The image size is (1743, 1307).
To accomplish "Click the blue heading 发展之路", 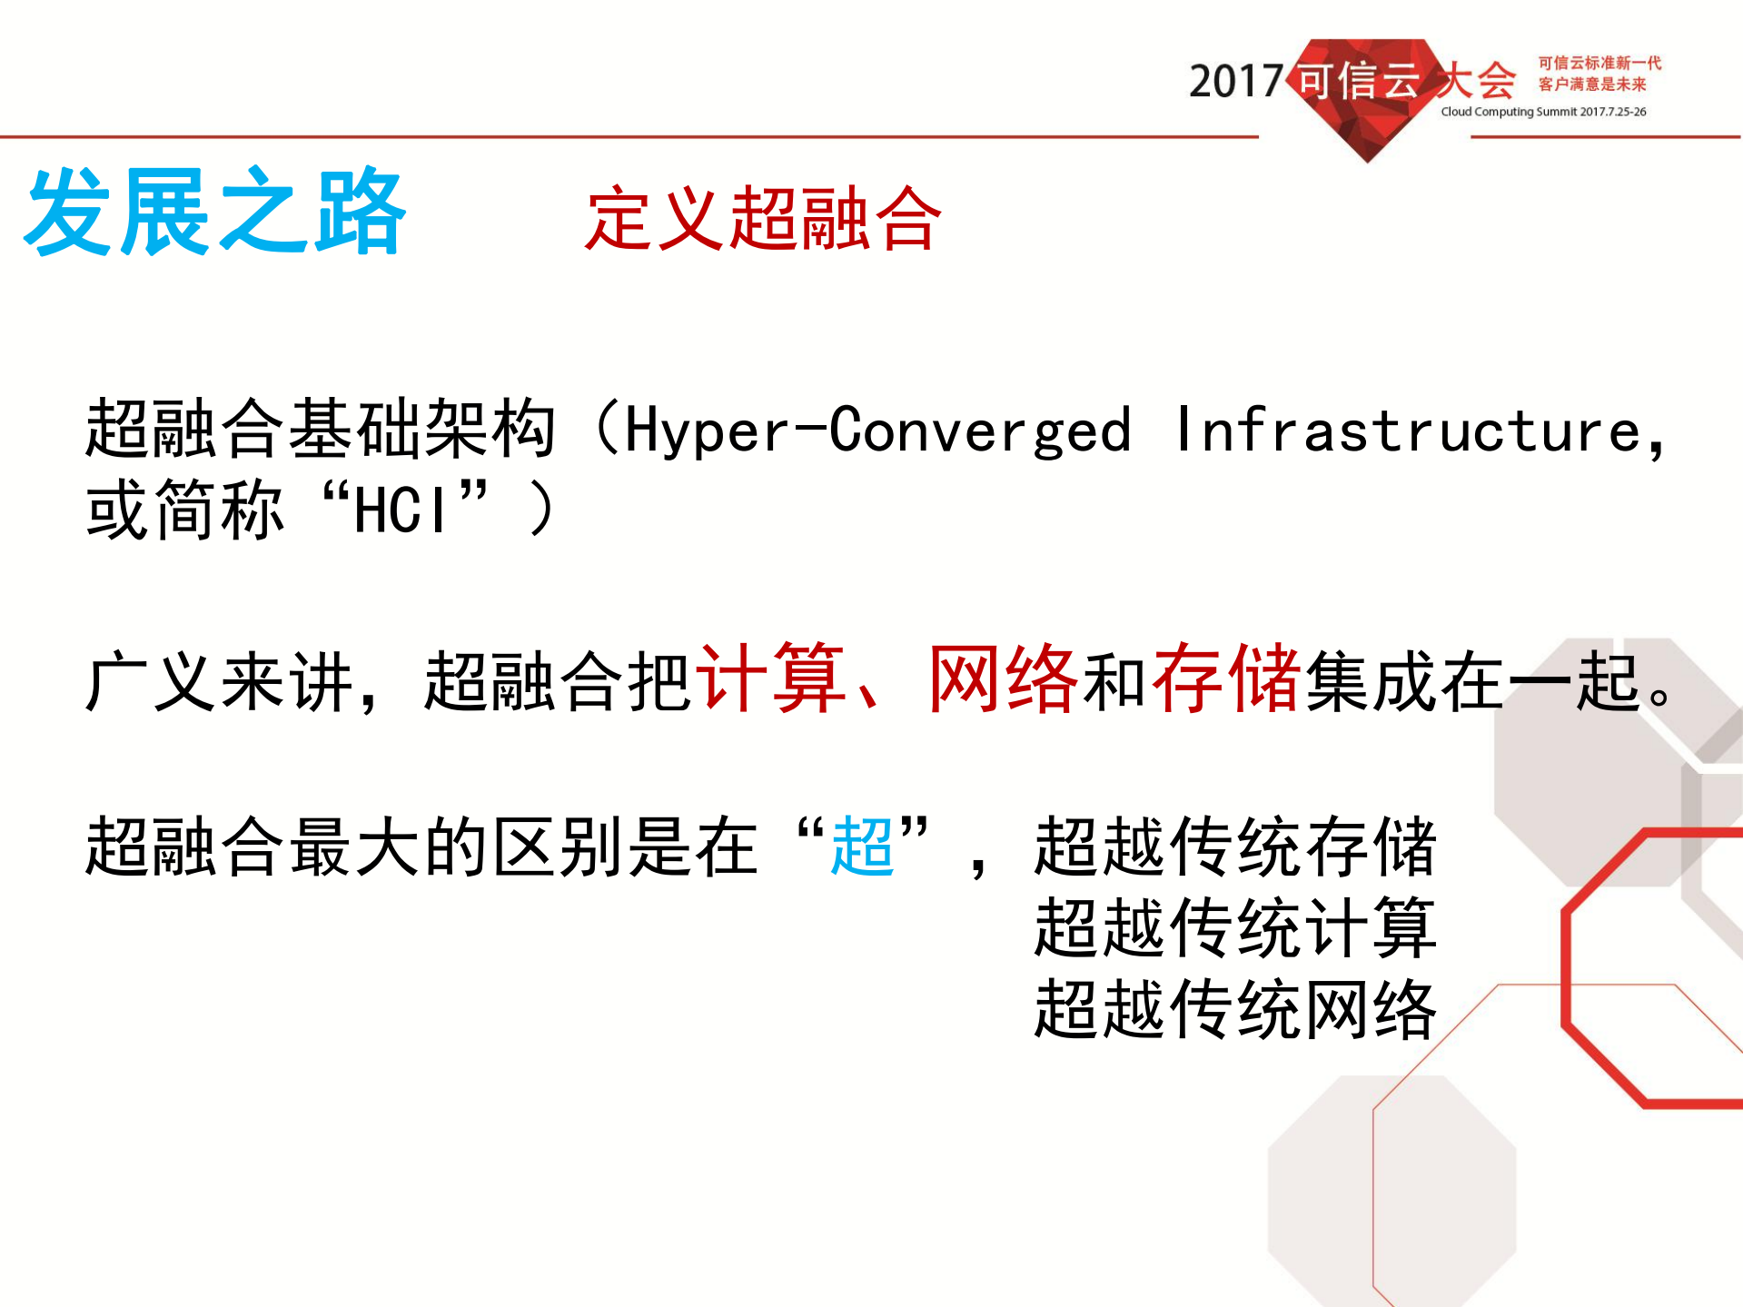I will point(214,212).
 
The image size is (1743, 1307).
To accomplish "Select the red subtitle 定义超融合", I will point(763,218).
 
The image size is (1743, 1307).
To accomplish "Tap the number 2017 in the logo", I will point(1235,82).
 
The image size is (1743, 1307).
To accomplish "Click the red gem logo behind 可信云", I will point(1367,127).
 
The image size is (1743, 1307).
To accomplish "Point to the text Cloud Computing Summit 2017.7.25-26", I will point(1543,112).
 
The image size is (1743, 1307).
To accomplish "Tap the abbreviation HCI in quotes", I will point(401,510).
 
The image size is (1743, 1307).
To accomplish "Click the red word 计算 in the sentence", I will point(770,679).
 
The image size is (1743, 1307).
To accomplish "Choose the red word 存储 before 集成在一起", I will point(1226,679).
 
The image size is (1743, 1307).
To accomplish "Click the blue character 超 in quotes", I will point(862,847).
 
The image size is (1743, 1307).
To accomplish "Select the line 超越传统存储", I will point(1235,847).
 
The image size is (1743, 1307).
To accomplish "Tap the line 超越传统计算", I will point(1235,927).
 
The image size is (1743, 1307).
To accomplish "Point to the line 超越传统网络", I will point(1235,1009).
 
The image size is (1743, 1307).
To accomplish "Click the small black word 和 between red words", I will point(1114,681).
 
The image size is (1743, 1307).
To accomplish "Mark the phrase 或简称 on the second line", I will point(184,510).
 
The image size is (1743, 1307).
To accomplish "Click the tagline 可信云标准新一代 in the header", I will point(1599,63).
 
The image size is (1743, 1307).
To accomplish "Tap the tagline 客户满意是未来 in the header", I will point(1591,84).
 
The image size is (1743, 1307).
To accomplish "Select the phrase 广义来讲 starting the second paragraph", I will point(218,681).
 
